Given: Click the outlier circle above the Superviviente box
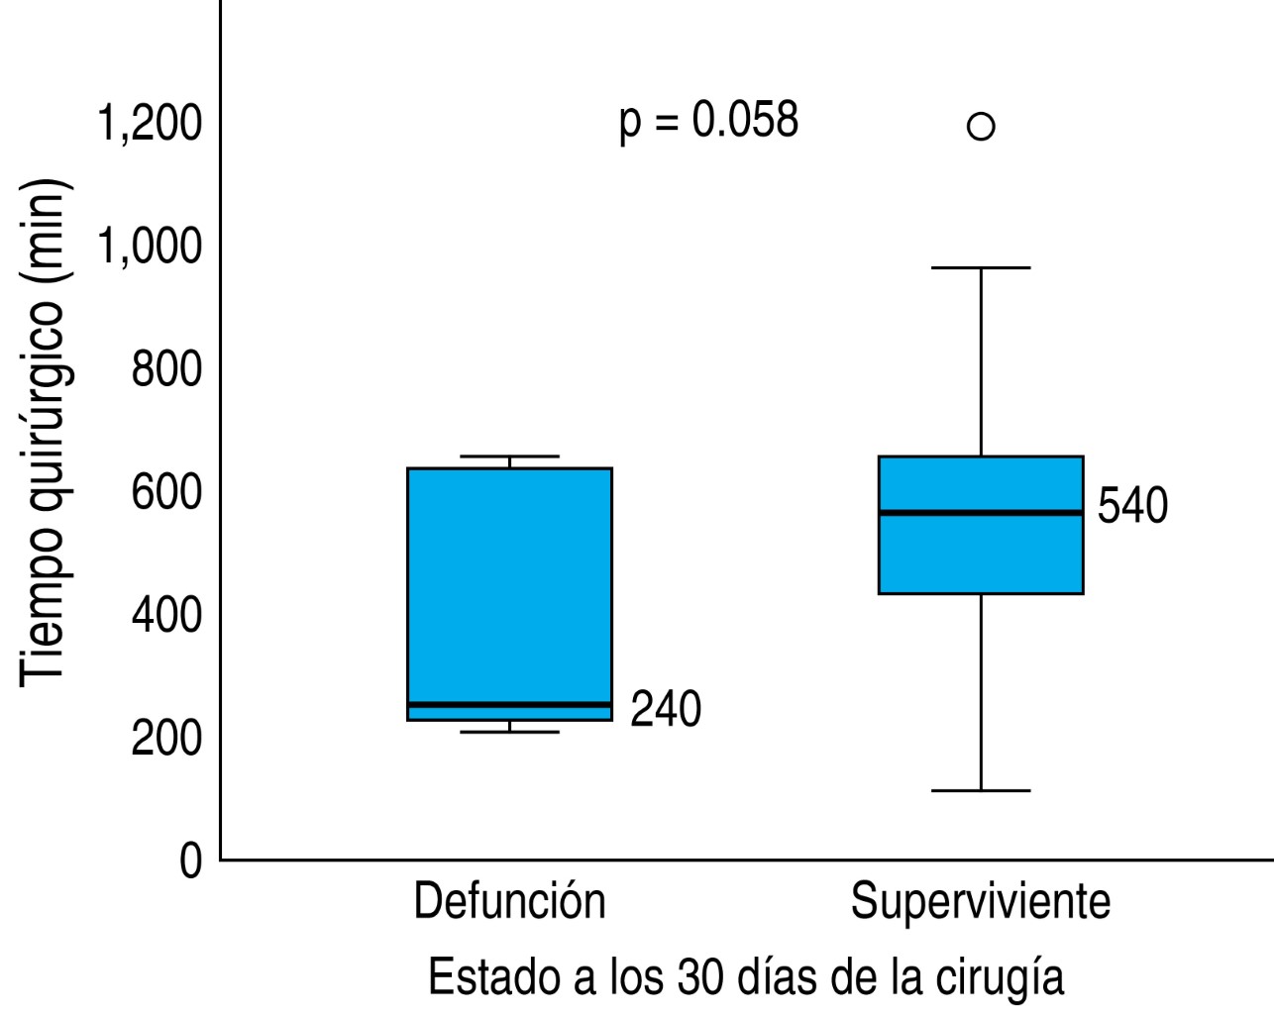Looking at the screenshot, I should (981, 127).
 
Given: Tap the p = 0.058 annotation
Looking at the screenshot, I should (708, 122).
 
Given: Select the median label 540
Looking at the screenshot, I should (1132, 506).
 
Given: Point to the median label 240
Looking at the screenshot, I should (666, 710).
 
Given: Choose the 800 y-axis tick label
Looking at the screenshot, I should (165, 369).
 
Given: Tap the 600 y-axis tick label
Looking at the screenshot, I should (165, 492).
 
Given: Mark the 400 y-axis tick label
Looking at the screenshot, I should (165, 615).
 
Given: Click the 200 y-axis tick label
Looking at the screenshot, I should (165, 738).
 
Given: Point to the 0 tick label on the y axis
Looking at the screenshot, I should (190, 861).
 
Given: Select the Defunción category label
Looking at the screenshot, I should (509, 902).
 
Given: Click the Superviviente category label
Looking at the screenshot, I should (981, 902).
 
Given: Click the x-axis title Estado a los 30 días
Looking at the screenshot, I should (746, 977).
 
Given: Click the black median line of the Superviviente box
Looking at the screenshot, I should (981, 512).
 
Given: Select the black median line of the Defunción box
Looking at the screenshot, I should (509, 704).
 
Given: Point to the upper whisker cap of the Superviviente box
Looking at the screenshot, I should (981, 267).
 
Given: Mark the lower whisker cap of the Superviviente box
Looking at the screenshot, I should (981, 790).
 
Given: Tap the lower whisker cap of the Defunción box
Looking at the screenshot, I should (509, 732).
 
